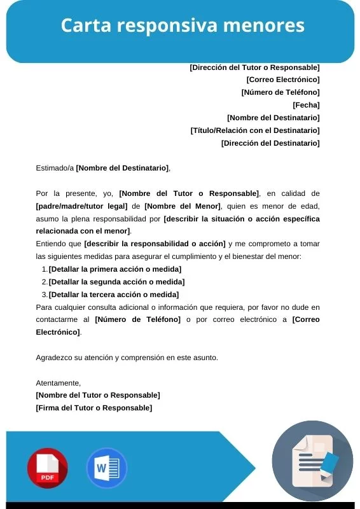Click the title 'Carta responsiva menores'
183,26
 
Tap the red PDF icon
47,468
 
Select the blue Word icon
106,468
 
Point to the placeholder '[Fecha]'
306,105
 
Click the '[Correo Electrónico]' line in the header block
282,80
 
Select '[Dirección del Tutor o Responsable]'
254,67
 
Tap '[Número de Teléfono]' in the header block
280,92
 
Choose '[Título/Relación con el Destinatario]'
254,130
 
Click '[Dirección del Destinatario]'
270,143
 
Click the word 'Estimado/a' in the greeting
55,168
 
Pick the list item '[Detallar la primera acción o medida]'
114,269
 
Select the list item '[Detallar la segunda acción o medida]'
116,282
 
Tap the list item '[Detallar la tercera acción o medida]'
114,295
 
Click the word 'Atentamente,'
59,383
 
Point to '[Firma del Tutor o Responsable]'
94,408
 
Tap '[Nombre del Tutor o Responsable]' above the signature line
98,395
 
